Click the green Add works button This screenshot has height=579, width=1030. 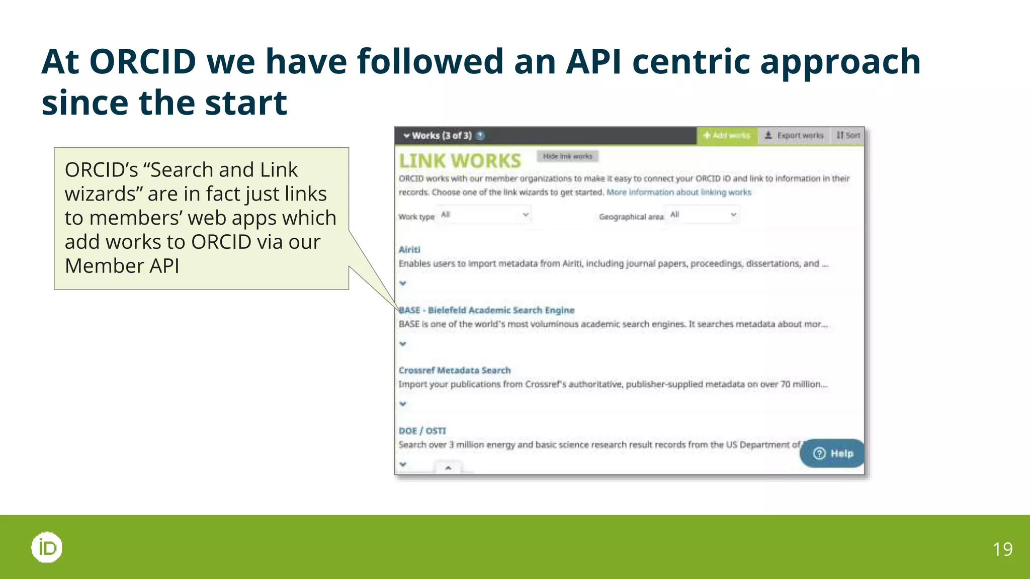[x=727, y=136]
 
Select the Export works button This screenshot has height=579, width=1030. [x=794, y=136]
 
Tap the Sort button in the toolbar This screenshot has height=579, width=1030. [x=848, y=136]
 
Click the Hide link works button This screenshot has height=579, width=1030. [x=567, y=156]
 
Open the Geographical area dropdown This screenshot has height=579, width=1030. [x=703, y=215]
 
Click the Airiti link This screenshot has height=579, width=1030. [x=409, y=250]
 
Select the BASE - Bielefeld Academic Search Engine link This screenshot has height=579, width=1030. [x=487, y=310]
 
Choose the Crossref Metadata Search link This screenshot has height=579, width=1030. [x=455, y=370]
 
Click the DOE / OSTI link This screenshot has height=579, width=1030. [x=422, y=431]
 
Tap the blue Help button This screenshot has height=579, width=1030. [x=833, y=453]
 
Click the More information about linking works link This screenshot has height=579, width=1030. [x=679, y=192]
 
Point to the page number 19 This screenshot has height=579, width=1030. [x=1002, y=549]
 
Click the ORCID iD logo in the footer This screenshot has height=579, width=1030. [x=47, y=547]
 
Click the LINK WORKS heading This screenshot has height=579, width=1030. [x=460, y=161]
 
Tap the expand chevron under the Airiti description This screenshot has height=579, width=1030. [x=403, y=283]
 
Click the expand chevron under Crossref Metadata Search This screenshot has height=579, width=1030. [x=403, y=404]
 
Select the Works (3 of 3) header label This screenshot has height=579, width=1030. [x=442, y=136]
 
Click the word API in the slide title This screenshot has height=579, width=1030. [x=593, y=61]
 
